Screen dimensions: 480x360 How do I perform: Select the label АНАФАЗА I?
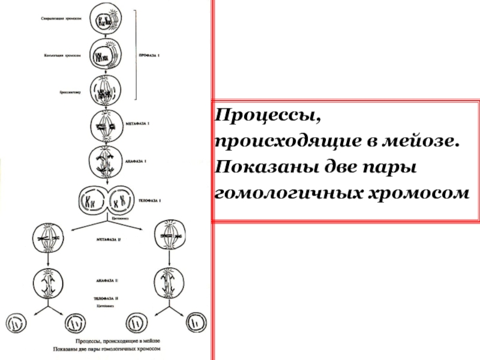pos(137,161)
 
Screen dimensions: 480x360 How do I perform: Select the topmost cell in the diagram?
pos(106,20)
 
